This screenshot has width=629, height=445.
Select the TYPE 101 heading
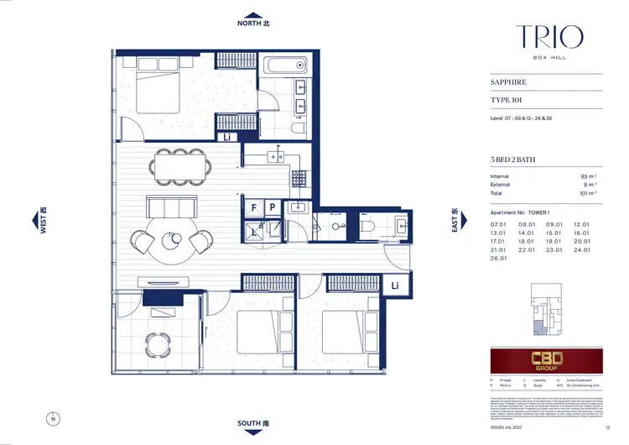tap(507, 100)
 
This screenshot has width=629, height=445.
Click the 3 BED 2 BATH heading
tap(516, 160)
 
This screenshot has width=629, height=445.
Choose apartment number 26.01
tap(500, 259)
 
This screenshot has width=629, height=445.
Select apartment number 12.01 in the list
tap(582, 225)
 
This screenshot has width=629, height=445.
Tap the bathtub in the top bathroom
tap(286, 66)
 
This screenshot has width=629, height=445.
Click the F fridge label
tap(254, 206)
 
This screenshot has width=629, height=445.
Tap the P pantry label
tap(273, 206)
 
